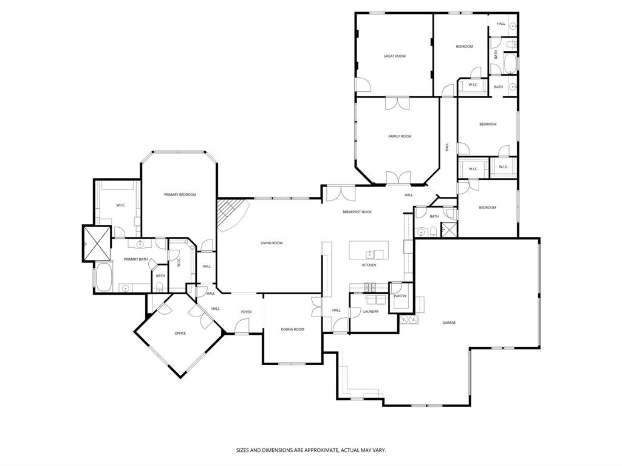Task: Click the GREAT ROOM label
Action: pyautogui.click(x=394, y=56)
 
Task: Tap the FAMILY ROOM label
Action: pyautogui.click(x=400, y=136)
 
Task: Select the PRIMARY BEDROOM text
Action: pyautogui.click(x=180, y=194)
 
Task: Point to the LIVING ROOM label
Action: pyautogui.click(x=272, y=243)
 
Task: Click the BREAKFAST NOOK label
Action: pyautogui.click(x=357, y=211)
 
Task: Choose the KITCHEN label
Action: pyautogui.click(x=369, y=265)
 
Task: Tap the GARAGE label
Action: pyautogui.click(x=449, y=323)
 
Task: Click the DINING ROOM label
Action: pyautogui.click(x=292, y=329)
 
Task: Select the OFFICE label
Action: pyautogui.click(x=180, y=333)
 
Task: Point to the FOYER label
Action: pyautogui.click(x=246, y=312)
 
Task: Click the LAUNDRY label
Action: pyautogui.click(x=371, y=311)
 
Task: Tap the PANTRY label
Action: pyautogui.click(x=400, y=296)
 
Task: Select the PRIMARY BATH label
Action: pyautogui.click(x=135, y=259)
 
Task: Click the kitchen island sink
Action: pyautogui.click(x=369, y=253)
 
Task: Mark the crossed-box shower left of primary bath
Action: pyautogui.click(x=97, y=243)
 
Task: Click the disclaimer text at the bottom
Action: pyautogui.click(x=310, y=450)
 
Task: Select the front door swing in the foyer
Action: pyautogui.click(x=242, y=327)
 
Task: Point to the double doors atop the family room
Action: pyautogui.click(x=397, y=103)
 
